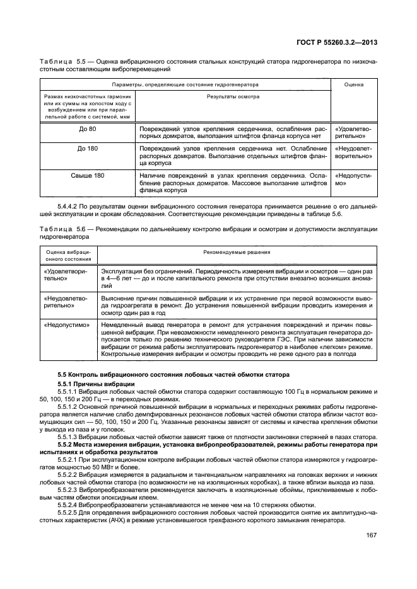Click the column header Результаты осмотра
tap(233, 97)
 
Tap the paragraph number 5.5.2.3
tap(71, 488)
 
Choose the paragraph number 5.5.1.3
tap(71, 436)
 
